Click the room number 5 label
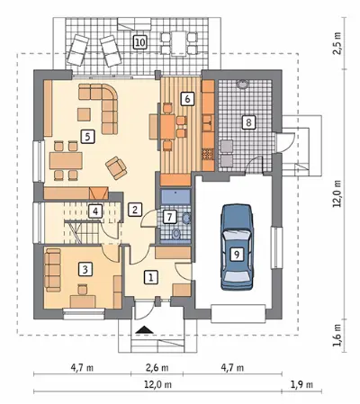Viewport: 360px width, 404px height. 87,137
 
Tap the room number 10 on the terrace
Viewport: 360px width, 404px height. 140,42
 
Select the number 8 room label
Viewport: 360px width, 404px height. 248,122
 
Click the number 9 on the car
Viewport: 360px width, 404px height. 237,255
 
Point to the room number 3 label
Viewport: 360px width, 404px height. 85,269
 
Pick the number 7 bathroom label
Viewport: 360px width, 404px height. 170,217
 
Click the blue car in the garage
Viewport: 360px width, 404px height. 237,247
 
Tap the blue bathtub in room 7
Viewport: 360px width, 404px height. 175,196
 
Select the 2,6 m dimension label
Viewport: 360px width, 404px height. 157,367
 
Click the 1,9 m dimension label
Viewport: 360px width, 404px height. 301,384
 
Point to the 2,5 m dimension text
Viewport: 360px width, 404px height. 337,43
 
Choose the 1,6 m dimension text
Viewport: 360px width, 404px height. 337,335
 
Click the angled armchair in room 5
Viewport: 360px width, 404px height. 116,168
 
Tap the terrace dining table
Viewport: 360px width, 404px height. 179,43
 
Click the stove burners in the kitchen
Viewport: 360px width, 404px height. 207,155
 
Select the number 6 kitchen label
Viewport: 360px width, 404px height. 187,99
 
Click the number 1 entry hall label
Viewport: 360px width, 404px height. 151,277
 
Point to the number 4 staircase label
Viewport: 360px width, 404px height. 95,211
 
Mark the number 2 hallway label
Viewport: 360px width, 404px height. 135,209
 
